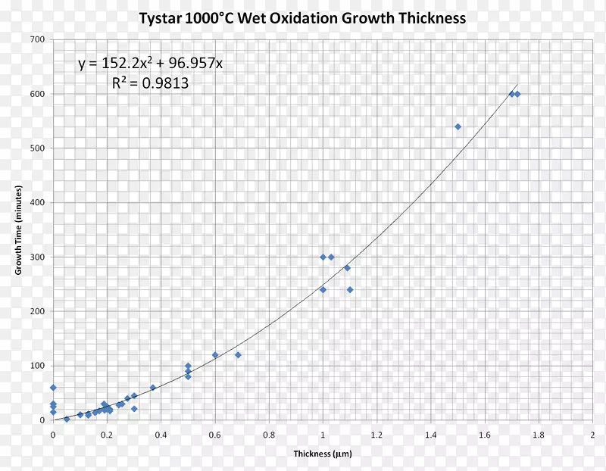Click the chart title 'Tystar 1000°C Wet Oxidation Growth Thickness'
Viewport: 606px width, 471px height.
click(x=302, y=17)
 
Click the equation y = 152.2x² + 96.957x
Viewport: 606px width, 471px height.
click(x=151, y=64)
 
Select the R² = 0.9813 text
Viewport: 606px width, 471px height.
click(x=151, y=84)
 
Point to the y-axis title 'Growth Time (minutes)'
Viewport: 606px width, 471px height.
click(x=18, y=229)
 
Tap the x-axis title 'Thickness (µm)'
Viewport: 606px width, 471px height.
click(x=323, y=454)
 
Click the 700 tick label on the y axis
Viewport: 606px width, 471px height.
click(x=38, y=39)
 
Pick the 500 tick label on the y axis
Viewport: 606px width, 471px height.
click(x=38, y=148)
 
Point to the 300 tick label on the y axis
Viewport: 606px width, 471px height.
click(x=38, y=257)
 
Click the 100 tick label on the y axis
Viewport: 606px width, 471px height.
click(x=38, y=366)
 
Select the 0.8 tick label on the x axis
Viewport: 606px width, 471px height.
click(x=269, y=435)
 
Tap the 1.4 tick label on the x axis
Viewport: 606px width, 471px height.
click(x=431, y=435)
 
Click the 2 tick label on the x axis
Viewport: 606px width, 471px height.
click(x=592, y=435)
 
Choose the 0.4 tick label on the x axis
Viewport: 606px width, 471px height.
click(x=161, y=435)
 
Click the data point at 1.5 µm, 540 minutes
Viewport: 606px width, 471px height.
click(x=458, y=126)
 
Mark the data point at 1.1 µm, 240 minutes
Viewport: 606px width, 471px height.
click(x=350, y=290)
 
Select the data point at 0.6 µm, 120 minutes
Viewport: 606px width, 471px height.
click(x=215, y=355)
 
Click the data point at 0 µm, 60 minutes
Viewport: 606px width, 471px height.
click(x=53, y=388)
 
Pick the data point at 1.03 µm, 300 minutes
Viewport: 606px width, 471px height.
click(x=331, y=257)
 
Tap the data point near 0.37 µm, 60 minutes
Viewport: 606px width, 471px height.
click(x=153, y=388)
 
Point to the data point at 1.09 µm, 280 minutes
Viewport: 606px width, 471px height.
click(x=347, y=268)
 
